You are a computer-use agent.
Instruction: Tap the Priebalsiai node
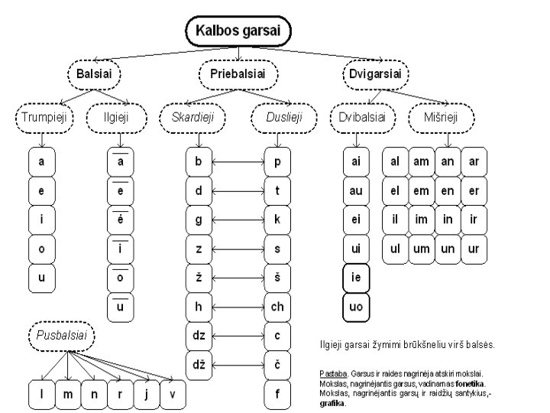[x=238, y=74]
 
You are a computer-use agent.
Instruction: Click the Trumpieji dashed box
[x=42, y=118]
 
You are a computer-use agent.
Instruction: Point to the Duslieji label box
[x=277, y=118]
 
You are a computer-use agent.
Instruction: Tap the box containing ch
[x=277, y=307]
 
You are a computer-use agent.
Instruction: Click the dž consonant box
[x=198, y=365]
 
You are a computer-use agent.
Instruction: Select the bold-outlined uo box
[x=356, y=307]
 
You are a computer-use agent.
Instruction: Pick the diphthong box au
[x=356, y=191]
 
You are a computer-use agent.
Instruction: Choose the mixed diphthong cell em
[x=422, y=191]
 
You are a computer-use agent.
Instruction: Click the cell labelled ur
[x=474, y=249]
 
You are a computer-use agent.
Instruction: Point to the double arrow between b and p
[x=238, y=162]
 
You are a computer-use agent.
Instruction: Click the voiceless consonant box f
[x=277, y=394]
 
